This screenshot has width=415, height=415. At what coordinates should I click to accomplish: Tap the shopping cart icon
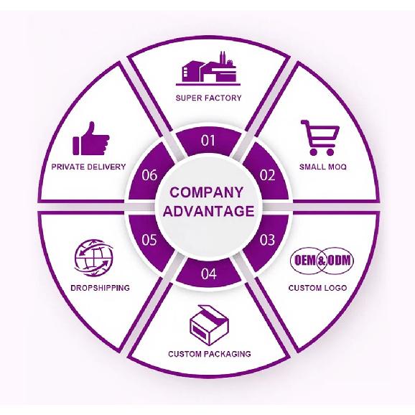coord(320,138)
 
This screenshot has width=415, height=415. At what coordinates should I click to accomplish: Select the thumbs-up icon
coord(90,139)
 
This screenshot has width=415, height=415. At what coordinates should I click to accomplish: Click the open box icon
coord(209,325)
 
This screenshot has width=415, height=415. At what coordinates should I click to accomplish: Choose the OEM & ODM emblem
coord(322,261)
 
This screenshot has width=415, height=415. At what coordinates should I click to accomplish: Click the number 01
coord(208,140)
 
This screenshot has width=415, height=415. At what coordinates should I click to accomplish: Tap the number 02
coord(267,175)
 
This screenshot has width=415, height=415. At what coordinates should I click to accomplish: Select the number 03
coord(267,240)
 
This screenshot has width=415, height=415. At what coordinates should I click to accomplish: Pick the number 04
coord(208,274)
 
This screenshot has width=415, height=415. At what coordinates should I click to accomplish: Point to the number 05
coord(149,240)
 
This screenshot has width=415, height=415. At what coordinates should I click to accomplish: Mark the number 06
coord(149,175)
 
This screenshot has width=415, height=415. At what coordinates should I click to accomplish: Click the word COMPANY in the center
coord(206,192)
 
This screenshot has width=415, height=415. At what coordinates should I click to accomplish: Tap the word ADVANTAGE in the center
coord(208,211)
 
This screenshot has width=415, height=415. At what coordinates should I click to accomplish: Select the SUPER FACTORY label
coord(208,98)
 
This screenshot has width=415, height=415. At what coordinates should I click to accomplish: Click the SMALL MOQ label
coord(323,167)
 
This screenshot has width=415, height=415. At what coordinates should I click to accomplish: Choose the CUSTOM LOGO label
coord(317,288)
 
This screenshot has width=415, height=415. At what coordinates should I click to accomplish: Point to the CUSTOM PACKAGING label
coord(210,354)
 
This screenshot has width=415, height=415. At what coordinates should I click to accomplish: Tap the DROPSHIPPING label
coord(101,288)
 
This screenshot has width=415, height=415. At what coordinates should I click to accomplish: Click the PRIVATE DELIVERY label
coord(88,167)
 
